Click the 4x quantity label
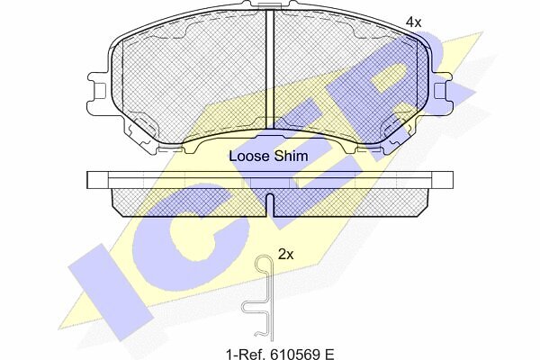pyautogui.click(x=413, y=22)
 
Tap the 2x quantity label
pyautogui.click(x=286, y=255)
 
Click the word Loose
pyautogui.click(x=249, y=156)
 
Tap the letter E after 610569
pyautogui.click(x=328, y=354)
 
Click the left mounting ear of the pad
pyautogui.click(x=98, y=92)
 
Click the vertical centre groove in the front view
pyautogui.click(x=270, y=69)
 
